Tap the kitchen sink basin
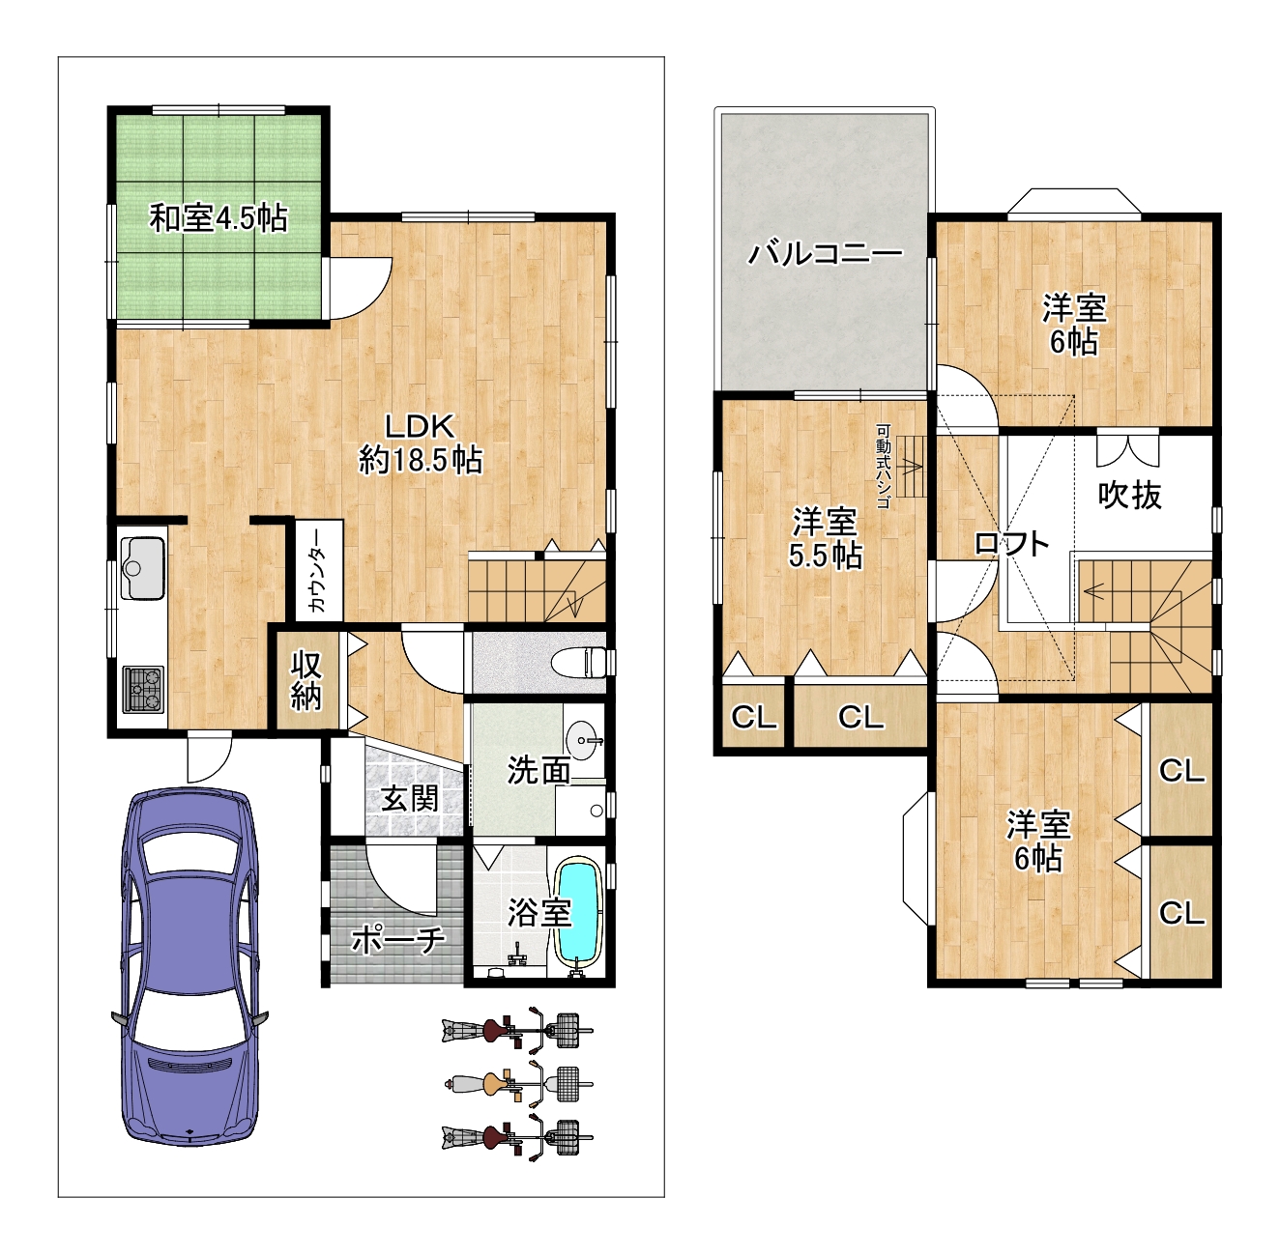(143, 568)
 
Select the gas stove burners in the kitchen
(143, 689)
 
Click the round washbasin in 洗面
(585, 740)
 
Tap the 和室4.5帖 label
(218, 218)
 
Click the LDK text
(421, 427)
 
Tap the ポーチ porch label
(398, 940)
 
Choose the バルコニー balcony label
(826, 253)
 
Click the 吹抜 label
(1129, 495)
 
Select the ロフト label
(1011, 545)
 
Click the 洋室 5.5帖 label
(826, 538)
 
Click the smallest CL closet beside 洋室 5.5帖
(753, 717)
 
